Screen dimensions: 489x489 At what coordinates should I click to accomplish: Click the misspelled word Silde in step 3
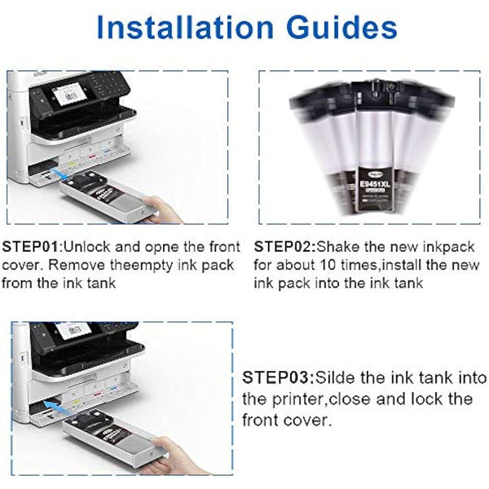(340, 378)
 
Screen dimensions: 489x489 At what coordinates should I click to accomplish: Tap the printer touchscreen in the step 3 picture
(73, 330)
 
